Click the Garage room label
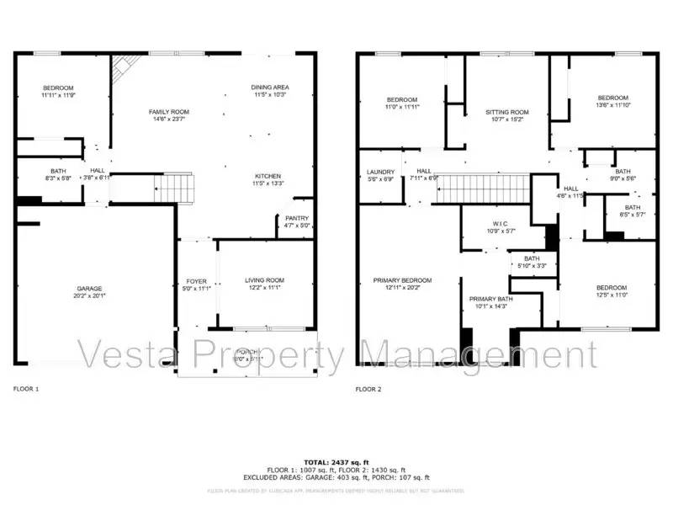91,287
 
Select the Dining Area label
269,88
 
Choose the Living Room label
264,280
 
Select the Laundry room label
381,172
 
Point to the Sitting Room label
507,112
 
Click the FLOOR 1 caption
26,389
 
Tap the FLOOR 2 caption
368,389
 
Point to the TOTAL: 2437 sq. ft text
336,463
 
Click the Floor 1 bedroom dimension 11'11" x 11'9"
58,96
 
